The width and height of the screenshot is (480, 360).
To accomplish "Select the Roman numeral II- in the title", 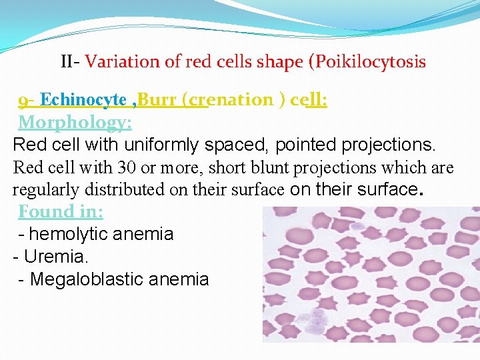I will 70,62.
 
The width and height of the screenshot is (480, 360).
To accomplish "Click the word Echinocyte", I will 83,100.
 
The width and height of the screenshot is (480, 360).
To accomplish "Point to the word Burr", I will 158,100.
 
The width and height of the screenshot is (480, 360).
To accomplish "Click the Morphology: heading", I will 75,123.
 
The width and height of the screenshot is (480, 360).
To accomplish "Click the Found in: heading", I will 61,212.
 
